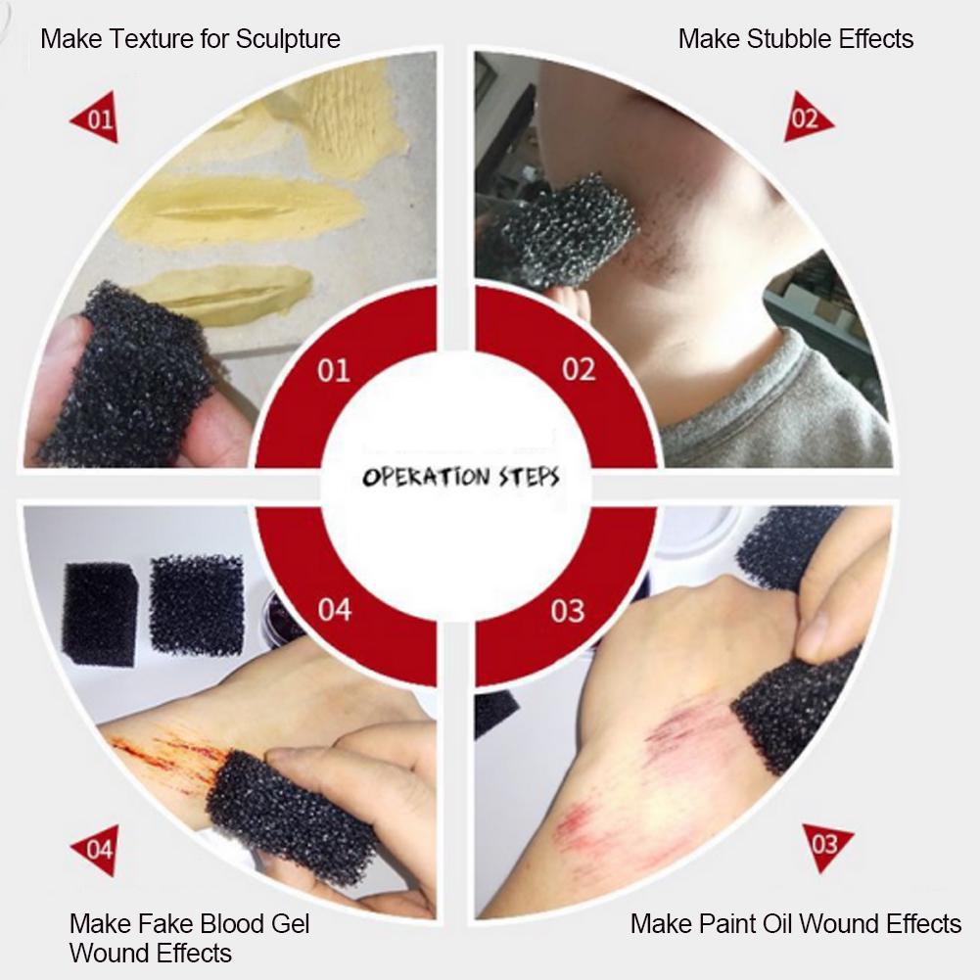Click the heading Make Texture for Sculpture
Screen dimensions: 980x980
(x=190, y=39)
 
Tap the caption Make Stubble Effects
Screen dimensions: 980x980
(x=795, y=39)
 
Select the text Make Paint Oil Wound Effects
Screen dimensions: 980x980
(x=795, y=923)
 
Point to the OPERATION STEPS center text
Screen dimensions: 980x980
(x=461, y=477)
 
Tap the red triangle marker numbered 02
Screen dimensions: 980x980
(x=806, y=120)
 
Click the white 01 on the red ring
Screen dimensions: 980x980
(x=333, y=370)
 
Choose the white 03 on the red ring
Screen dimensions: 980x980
(x=568, y=611)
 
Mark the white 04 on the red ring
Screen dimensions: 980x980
(x=334, y=610)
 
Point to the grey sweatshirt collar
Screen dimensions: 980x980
(x=773, y=406)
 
